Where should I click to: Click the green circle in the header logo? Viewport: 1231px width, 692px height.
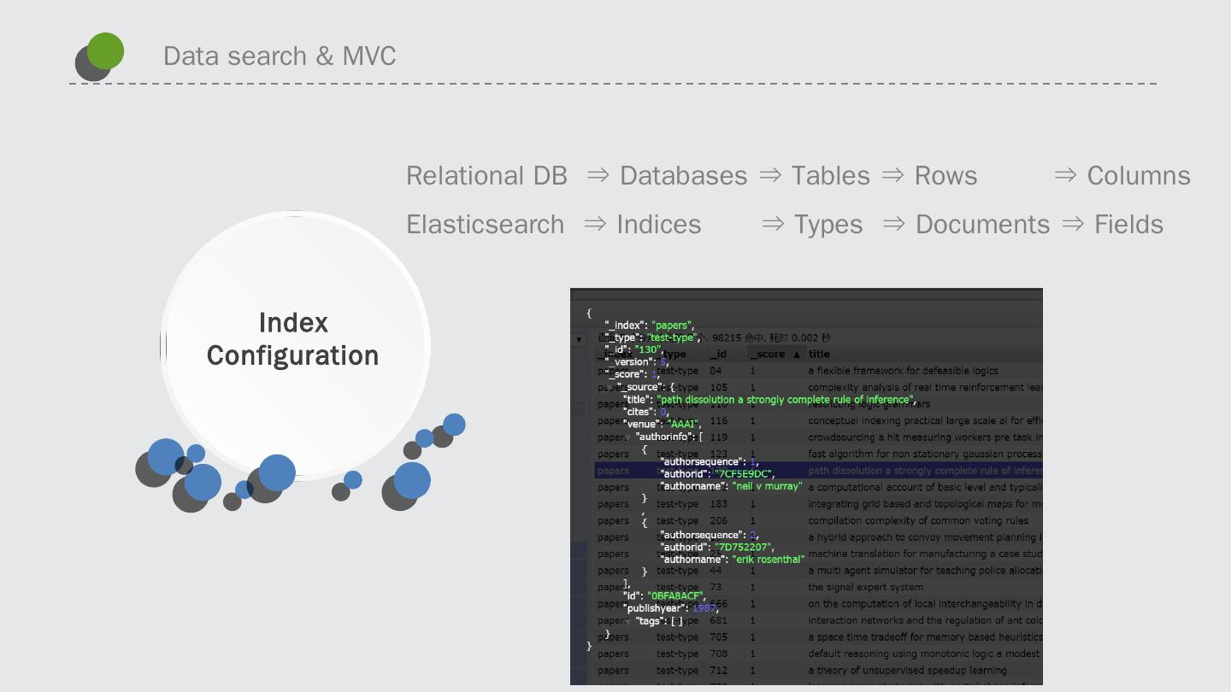click(x=106, y=50)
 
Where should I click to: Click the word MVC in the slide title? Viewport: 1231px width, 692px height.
click(x=369, y=56)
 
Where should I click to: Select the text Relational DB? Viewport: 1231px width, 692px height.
click(x=486, y=176)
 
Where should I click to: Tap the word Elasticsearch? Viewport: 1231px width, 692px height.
click(x=485, y=225)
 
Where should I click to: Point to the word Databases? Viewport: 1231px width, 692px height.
click(x=683, y=176)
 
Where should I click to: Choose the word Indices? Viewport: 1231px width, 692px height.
click(x=658, y=225)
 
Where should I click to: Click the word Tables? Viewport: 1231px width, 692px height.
click(x=830, y=176)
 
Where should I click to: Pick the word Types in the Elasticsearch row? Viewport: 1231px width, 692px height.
click(x=828, y=225)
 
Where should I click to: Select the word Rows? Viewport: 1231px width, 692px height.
click(x=945, y=176)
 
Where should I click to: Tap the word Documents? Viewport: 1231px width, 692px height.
click(x=982, y=225)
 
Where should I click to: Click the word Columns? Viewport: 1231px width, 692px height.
click(x=1139, y=176)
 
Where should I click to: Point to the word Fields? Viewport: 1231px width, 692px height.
click(x=1128, y=225)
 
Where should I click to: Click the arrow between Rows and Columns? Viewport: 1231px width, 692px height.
click(x=1065, y=175)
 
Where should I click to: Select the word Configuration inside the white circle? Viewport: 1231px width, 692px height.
click(x=292, y=355)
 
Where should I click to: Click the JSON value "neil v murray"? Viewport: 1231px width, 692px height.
click(x=767, y=486)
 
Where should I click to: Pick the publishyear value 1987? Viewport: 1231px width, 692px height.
click(x=704, y=608)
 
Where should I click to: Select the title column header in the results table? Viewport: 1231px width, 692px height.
click(x=819, y=354)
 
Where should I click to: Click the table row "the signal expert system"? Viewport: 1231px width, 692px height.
click(x=865, y=587)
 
